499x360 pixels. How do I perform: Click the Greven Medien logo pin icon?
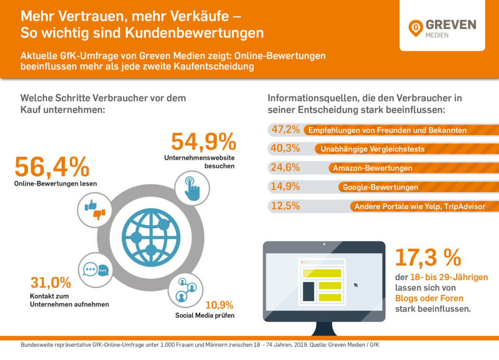coord(416,28)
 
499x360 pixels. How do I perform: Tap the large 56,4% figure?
coord(52,167)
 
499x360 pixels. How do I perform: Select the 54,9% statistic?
coord(203,142)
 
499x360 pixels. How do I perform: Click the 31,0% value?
coord(51,283)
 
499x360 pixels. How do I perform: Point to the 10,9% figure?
coord(219,305)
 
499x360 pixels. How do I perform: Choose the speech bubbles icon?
coord(96,270)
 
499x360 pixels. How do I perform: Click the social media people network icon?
coord(186,289)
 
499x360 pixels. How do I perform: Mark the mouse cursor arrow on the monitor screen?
coord(356,284)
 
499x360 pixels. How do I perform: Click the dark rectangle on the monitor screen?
coord(308,291)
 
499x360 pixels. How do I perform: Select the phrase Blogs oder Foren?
coord(429,298)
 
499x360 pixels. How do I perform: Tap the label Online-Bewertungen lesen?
coord(56,184)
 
